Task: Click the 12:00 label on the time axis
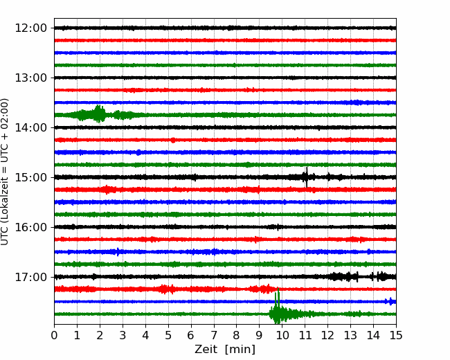coord(30,28)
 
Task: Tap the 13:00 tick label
coord(30,78)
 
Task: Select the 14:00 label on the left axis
coord(30,127)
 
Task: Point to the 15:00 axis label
coord(30,177)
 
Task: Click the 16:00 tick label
coord(30,227)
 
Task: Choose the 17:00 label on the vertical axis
coord(30,277)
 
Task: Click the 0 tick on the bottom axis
coord(54,335)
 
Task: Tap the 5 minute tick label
coord(168,335)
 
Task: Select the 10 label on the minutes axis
coord(282,335)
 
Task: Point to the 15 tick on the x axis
coord(396,335)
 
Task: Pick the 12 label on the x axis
coord(327,335)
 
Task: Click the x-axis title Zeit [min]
coord(225,350)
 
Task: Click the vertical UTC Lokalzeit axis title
coord(5,172)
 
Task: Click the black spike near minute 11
coord(307,177)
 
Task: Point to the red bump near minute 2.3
coord(107,190)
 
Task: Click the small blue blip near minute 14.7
coord(390,301)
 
